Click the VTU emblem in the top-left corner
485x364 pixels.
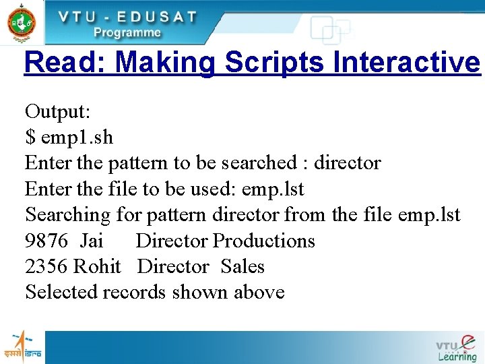22,22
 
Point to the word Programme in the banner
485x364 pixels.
127,32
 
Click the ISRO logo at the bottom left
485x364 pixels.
22,346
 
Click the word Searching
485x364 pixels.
67,215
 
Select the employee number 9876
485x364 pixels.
46,241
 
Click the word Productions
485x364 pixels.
264,241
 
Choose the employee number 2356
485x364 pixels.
46,267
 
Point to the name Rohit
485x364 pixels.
97,267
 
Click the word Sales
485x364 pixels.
243,267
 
